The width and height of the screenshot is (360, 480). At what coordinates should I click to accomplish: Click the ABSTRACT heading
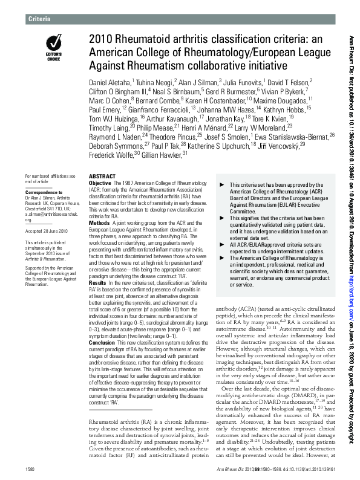(x=102, y=176)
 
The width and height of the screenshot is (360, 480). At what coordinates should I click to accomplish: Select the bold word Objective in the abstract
(x=100, y=183)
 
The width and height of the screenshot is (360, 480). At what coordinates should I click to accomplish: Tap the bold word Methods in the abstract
(x=99, y=222)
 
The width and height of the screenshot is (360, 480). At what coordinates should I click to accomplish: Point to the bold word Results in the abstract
(x=97, y=282)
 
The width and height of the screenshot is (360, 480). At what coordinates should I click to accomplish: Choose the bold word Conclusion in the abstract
(x=102, y=342)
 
